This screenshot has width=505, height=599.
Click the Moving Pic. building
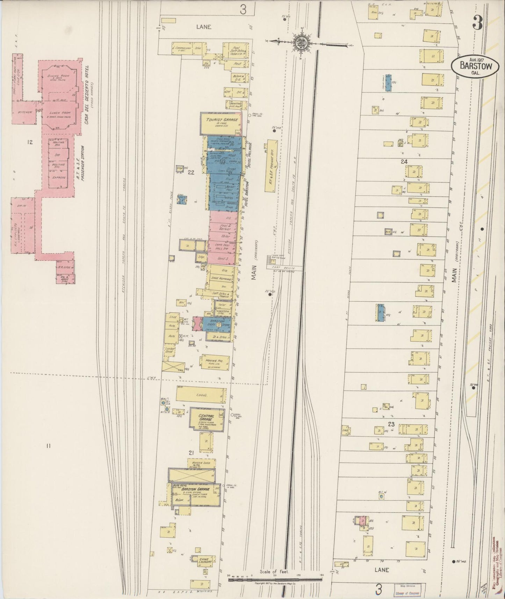click(215, 362)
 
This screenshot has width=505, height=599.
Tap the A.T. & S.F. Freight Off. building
click(271, 165)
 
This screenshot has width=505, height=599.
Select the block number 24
click(404, 161)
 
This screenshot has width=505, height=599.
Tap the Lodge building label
click(202, 395)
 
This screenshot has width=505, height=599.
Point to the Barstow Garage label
click(195, 489)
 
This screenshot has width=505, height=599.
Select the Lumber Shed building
click(172, 351)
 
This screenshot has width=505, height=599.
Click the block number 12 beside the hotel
click(30, 142)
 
